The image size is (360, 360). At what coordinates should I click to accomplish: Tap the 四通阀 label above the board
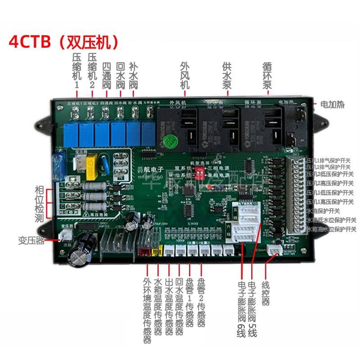coord(106,74)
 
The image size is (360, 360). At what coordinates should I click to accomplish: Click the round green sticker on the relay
coord(168,140)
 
